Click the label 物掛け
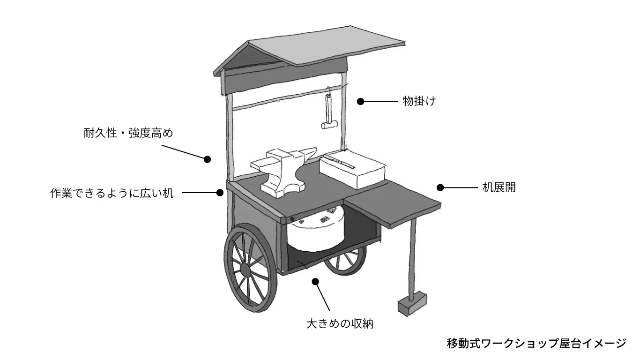[x=419, y=101]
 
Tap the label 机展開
[x=499, y=187]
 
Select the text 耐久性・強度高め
[x=128, y=134]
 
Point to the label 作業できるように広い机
[x=112, y=193]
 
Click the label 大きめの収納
[x=340, y=323]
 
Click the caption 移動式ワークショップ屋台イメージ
[x=536, y=343]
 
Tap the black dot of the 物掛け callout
[x=360, y=101]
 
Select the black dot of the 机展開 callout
[x=440, y=187]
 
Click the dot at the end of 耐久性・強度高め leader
[x=208, y=159]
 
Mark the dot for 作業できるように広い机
[x=220, y=192]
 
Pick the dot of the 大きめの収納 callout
[x=315, y=281]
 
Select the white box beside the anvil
[x=352, y=168]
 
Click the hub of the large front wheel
[x=245, y=270]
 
